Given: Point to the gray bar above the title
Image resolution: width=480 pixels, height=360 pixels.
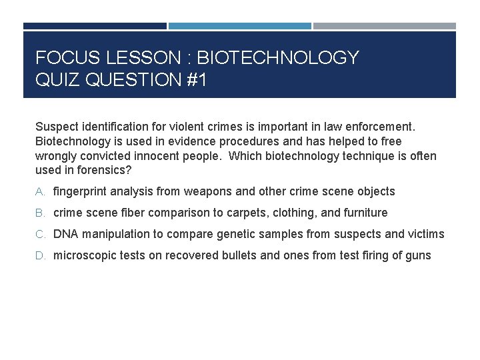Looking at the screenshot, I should [385, 26].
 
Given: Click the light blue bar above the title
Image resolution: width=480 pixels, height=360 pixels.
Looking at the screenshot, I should [239, 26].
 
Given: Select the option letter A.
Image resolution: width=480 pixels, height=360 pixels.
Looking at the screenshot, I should [40, 191].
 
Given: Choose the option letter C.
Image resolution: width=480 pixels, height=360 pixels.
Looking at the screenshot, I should [40, 234].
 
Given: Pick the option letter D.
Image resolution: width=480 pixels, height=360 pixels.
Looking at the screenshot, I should [40, 255].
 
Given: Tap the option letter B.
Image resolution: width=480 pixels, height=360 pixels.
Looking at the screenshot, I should [40, 213].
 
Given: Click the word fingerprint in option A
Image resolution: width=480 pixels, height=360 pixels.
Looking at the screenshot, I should [80, 191].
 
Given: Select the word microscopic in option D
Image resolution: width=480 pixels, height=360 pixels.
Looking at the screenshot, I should [83, 255].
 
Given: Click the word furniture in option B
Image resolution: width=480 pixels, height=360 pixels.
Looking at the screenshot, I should [364, 213].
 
